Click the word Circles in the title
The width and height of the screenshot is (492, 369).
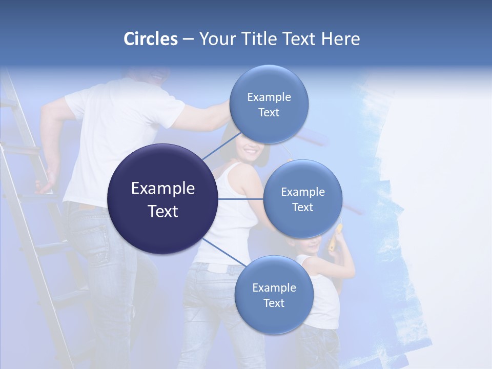[151, 39]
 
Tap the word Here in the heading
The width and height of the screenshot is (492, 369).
[340, 39]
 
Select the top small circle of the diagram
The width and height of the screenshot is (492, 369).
[269, 82]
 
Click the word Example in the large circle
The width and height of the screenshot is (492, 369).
[163, 189]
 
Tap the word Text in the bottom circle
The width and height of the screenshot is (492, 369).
[274, 303]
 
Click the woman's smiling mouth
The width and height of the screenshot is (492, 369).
[250, 152]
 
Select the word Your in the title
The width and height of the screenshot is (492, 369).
[216, 39]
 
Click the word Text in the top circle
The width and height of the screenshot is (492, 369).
[269, 112]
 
